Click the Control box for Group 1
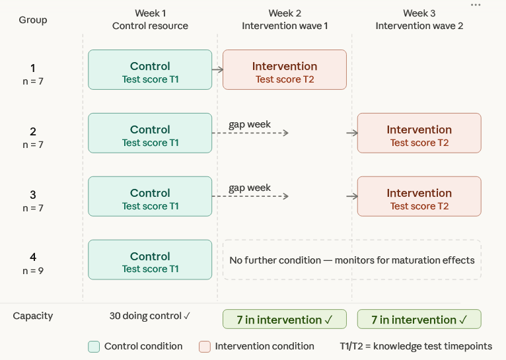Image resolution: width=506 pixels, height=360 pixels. pyautogui.click(x=150, y=69)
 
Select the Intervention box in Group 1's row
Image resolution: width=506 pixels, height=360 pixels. pyautogui.click(x=285, y=69)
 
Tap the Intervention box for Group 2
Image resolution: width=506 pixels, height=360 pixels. pyautogui.click(x=419, y=133)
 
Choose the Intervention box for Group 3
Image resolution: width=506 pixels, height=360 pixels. pyautogui.click(x=419, y=196)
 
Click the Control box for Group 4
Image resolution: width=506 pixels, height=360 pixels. pyautogui.click(x=150, y=260)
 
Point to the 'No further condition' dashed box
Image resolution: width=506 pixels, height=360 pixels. pyautogui.click(x=352, y=260)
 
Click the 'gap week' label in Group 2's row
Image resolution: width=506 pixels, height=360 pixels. pyautogui.click(x=250, y=124)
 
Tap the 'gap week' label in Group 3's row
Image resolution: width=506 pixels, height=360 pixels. pyautogui.click(x=250, y=188)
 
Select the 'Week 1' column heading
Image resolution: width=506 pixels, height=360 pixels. pyautogui.click(x=150, y=13)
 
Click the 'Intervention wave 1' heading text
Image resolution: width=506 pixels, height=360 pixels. pyautogui.click(x=285, y=26)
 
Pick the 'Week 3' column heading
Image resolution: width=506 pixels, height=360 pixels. pyautogui.click(x=419, y=13)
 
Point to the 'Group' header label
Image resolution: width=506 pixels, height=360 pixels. pyautogui.click(x=33, y=20)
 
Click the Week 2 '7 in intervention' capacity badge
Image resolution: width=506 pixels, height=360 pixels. pyautogui.click(x=285, y=320)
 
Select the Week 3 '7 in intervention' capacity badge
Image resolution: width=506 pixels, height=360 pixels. pyautogui.click(x=419, y=320)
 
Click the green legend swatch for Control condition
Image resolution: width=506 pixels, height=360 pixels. pyautogui.click(x=94, y=346)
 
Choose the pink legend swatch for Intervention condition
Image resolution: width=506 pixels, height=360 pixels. pyautogui.click(x=205, y=346)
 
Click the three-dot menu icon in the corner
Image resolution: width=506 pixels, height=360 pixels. pyautogui.click(x=476, y=5)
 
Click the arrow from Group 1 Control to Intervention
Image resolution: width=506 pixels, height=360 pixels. pyautogui.click(x=217, y=69)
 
